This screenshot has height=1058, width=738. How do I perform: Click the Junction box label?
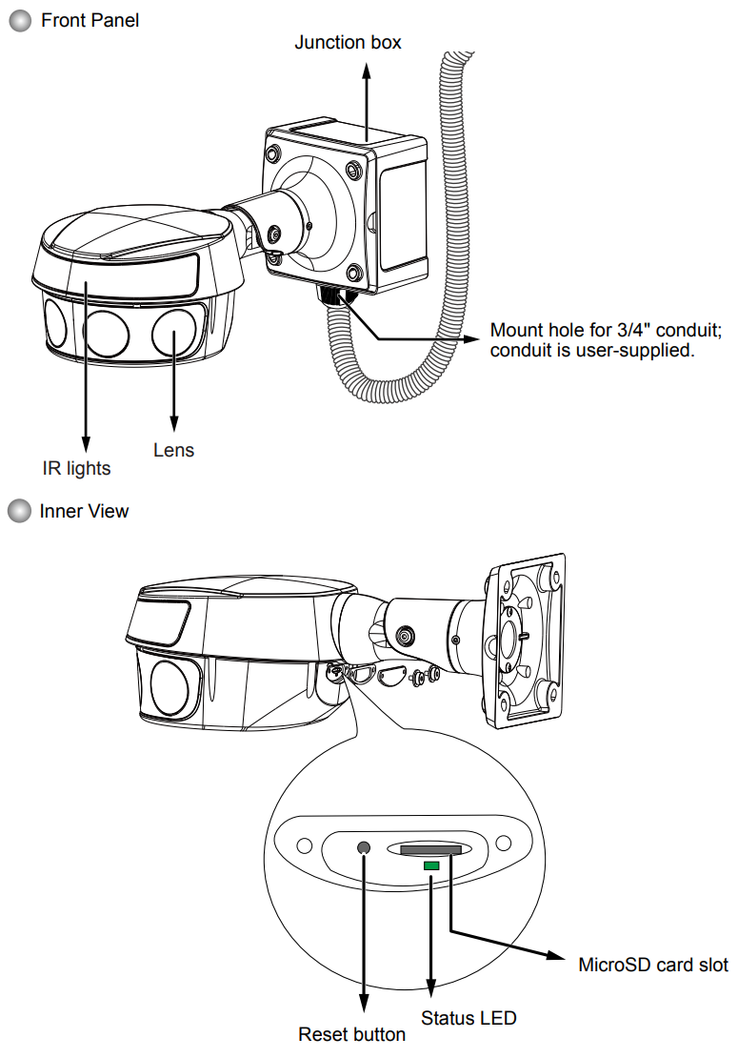(x=348, y=43)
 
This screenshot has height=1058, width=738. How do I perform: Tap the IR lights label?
(x=76, y=468)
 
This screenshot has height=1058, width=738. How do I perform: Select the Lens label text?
(x=173, y=450)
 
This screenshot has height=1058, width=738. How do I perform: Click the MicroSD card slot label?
(x=653, y=965)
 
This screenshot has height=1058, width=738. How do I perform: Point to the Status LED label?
(x=469, y=1018)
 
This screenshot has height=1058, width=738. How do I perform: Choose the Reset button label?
(x=351, y=1034)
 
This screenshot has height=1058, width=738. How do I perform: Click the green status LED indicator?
(x=431, y=865)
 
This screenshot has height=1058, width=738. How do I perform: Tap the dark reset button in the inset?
(x=363, y=847)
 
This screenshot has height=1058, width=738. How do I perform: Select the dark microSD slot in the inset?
(x=431, y=849)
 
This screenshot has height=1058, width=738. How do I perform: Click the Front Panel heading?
(x=90, y=20)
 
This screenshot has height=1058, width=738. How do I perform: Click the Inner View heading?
(x=84, y=512)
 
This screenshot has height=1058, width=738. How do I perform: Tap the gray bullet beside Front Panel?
(x=20, y=21)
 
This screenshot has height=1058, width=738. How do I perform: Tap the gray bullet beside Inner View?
(x=20, y=511)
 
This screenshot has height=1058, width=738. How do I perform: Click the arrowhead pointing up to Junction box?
(x=367, y=71)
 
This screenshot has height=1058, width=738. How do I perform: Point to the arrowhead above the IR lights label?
(x=86, y=444)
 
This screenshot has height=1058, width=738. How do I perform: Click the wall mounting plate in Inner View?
(x=525, y=641)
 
